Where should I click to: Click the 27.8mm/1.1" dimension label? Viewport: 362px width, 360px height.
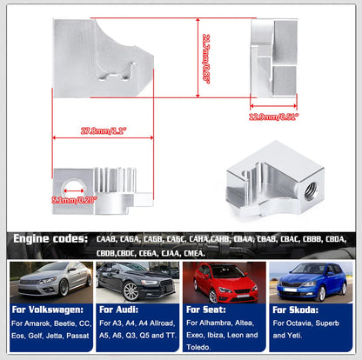coord(102,131)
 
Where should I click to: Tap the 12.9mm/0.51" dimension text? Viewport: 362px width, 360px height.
coord(273,116)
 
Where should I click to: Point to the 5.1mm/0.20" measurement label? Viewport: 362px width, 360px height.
coord(75,199)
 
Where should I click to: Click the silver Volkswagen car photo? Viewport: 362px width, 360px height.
coord(49,280)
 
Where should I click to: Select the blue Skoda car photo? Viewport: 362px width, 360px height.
coord(311,280)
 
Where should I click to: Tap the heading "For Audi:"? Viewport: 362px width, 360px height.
coord(120,309)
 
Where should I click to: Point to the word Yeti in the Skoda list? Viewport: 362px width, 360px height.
coord(286,333)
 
